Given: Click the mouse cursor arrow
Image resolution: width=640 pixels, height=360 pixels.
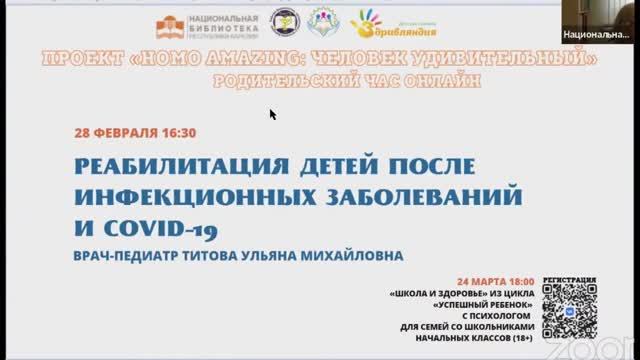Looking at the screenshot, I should pyautogui.click(x=273, y=114).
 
